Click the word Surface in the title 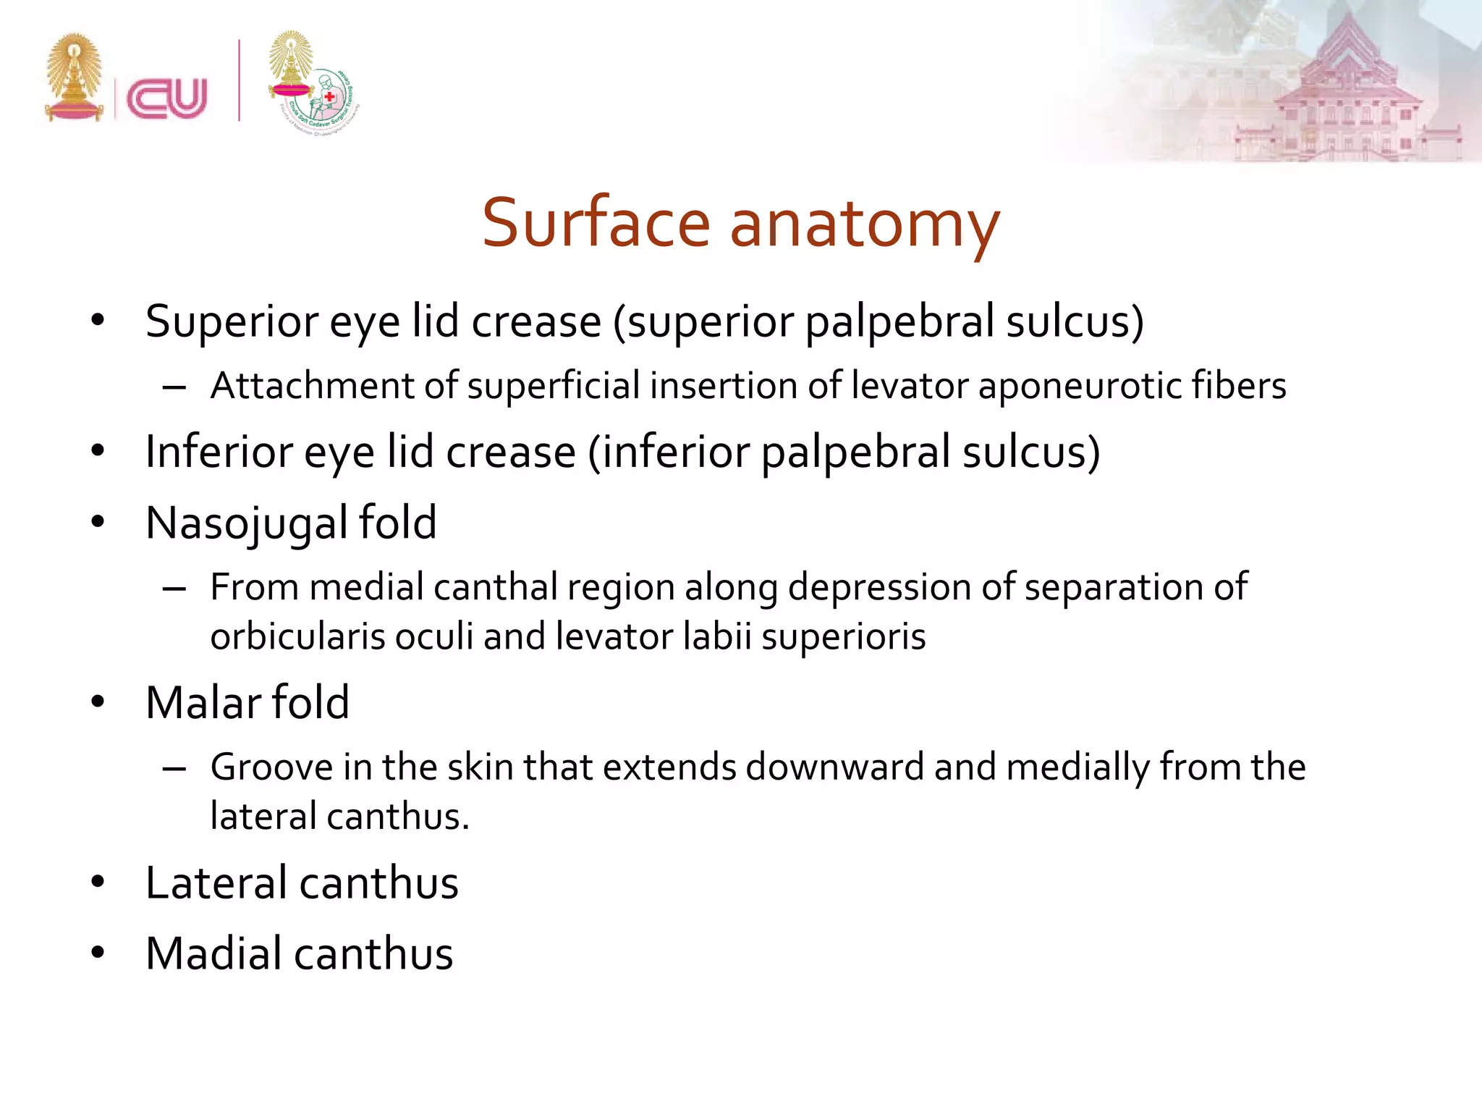pos(596,223)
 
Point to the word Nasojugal pos(247,523)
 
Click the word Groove pos(271,767)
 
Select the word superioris pos(843,637)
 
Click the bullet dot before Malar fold pos(98,702)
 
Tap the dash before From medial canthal pos(174,589)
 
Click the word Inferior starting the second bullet pos(218,452)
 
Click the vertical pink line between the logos pos(239,80)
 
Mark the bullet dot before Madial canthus pos(98,953)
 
